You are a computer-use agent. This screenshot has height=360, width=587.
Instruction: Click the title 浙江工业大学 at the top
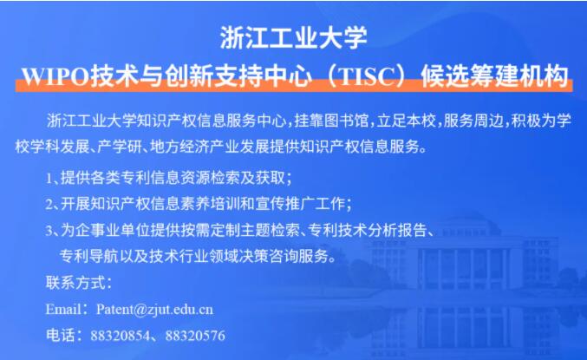tap(293, 38)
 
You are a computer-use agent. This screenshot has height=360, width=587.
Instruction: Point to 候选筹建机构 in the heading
tap(494, 76)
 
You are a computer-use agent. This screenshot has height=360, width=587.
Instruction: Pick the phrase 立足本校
tap(406, 121)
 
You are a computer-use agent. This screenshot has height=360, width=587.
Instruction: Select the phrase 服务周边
tap(473, 121)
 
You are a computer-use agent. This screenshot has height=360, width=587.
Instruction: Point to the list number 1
tap(49, 179)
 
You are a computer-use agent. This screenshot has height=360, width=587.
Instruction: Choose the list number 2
tap(49, 204)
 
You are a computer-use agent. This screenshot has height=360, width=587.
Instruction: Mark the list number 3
tap(49, 231)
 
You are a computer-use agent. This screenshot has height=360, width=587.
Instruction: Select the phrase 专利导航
tap(88, 256)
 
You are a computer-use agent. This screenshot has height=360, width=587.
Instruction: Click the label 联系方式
tap(75, 283)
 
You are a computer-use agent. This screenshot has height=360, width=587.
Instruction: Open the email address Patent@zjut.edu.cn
tap(154, 310)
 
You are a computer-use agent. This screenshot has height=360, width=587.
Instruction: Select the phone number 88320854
tap(120, 335)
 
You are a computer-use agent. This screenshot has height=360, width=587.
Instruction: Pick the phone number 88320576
tap(195, 335)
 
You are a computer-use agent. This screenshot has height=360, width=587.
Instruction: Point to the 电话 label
tap(61, 335)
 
